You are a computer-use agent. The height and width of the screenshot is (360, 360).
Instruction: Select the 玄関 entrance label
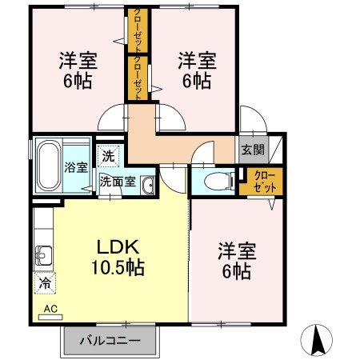(250, 148)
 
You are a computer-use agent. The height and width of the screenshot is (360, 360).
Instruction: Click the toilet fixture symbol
(211, 182)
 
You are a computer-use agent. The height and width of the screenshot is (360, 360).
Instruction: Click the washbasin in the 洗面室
(147, 186)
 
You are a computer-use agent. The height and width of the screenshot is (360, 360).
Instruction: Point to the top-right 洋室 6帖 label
(195, 70)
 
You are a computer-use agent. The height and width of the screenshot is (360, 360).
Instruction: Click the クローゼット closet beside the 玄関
(261, 180)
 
